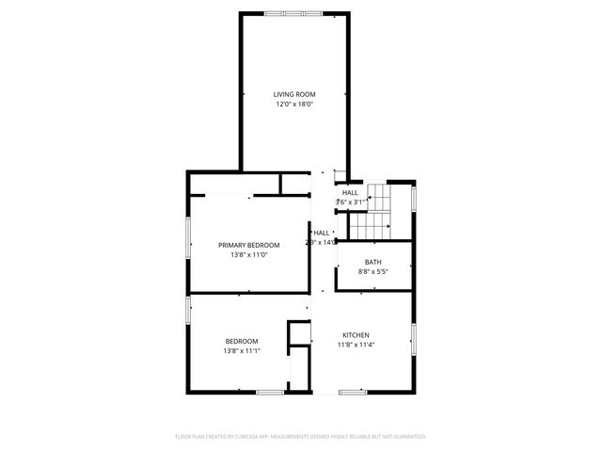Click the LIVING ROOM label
294,94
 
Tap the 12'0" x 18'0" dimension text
294,105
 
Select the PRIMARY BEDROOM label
249,245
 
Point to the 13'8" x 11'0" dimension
249,255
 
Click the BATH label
373,262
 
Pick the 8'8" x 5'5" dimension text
373,272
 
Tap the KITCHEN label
356,335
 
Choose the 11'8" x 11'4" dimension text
356,346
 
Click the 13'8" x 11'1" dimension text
242,351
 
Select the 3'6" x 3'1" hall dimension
350,202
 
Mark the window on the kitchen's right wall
413,339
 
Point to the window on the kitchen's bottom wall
353,391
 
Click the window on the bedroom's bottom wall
270,391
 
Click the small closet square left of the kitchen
299,333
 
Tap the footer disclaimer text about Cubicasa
301,436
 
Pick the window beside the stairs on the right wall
414,197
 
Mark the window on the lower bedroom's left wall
188,310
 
